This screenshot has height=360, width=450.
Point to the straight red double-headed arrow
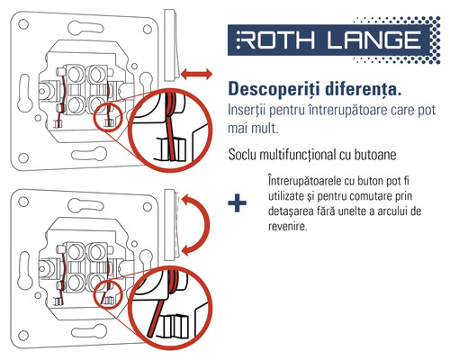pos(195,71)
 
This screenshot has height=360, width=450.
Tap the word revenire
pos(289,227)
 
